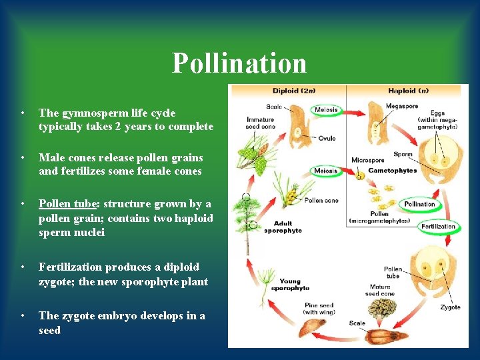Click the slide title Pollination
coord(239,63)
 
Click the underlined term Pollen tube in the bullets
coord(65,203)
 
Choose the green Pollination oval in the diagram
coord(420,204)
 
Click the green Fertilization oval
coord(438,227)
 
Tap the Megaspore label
coord(401,106)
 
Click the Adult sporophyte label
coord(283,227)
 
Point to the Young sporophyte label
coord(290,285)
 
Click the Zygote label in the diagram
coord(450,307)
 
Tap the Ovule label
coord(327,139)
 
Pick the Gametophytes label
coord(393,170)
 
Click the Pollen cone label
coord(321,201)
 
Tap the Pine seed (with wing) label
coord(319,309)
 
